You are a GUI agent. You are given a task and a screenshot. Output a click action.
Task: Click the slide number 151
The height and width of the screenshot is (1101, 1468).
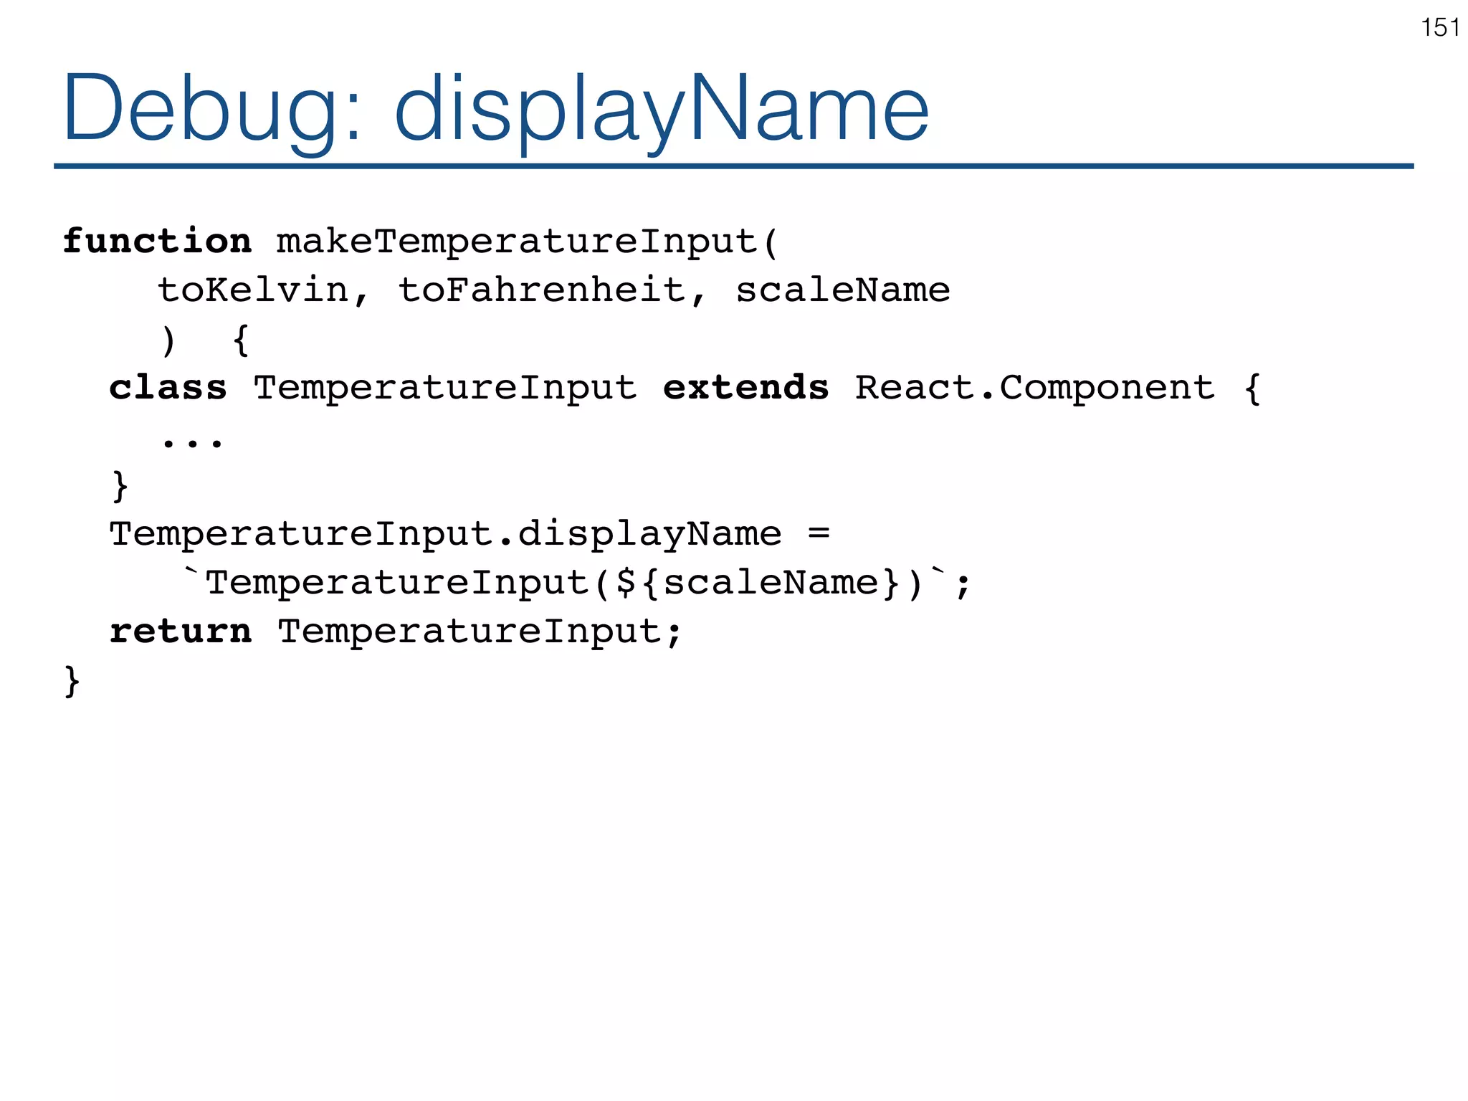pyautogui.click(x=1440, y=28)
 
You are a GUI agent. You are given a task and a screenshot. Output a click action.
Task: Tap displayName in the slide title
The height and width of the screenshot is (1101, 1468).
pyautogui.click(x=661, y=109)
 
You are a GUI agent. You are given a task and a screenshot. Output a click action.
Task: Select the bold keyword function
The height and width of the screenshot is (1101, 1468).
pyautogui.click(x=157, y=241)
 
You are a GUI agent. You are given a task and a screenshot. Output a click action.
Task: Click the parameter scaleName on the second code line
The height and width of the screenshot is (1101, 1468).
pyautogui.click(x=842, y=290)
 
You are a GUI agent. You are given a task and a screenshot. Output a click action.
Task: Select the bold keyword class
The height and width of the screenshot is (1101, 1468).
pyautogui.click(x=168, y=388)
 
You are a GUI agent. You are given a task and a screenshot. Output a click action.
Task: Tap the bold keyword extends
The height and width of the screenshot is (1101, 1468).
pyautogui.click(x=745, y=388)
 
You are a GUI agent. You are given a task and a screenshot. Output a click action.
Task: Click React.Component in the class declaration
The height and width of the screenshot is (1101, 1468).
pyautogui.click(x=1034, y=388)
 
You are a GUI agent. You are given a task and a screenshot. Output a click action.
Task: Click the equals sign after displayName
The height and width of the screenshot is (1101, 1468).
pyautogui.click(x=818, y=533)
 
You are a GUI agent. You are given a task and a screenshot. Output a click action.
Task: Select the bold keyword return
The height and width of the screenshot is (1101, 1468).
pyautogui.click(x=181, y=631)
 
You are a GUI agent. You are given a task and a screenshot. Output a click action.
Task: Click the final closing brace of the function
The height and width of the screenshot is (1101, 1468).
pyautogui.click(x=72, y=680)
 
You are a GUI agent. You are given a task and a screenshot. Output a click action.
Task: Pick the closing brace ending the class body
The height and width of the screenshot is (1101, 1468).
pyautogui.click(x=120, y=485)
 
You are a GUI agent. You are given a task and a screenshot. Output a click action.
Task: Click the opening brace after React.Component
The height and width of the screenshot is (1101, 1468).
pyautogui.click(x=1252, y=389)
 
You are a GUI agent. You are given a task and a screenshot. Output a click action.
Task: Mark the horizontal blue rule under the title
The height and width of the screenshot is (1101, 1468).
pyautogui.click(x=733, y=166)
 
